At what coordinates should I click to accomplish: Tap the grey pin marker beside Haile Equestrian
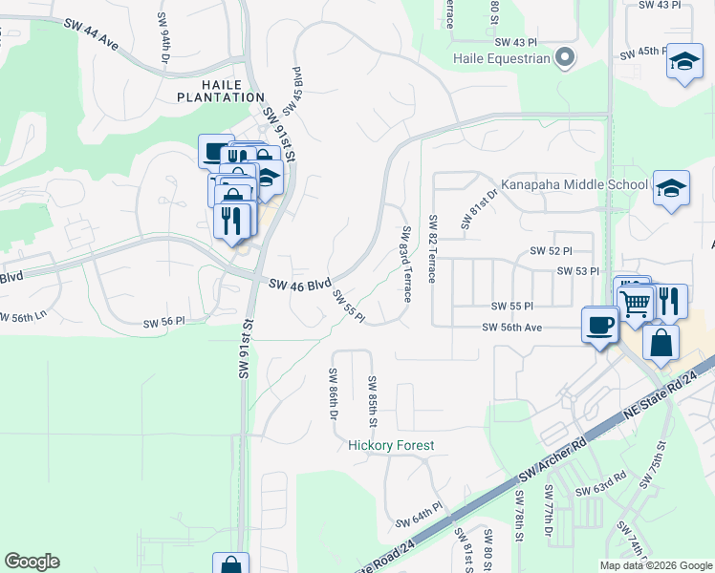coord(565,58)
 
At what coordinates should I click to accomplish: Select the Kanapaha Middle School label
coord(575,184)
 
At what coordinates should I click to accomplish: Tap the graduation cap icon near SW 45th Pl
coord(683,62)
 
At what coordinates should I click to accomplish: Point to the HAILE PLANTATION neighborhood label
coord(220,90)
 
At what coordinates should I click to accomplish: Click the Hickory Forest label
coord(391,446)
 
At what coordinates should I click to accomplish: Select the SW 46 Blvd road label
coord(299,285)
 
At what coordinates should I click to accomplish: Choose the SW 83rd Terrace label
coord(406,265)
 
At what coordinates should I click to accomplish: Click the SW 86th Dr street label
coord(334,394)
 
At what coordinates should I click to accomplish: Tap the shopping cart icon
coord(636,305)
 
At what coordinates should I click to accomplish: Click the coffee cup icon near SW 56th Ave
coord(599,325)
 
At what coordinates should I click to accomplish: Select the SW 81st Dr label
coord(478,210)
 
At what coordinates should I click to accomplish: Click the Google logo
coord(32,562)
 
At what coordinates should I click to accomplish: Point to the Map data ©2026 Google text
coord(656,565)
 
